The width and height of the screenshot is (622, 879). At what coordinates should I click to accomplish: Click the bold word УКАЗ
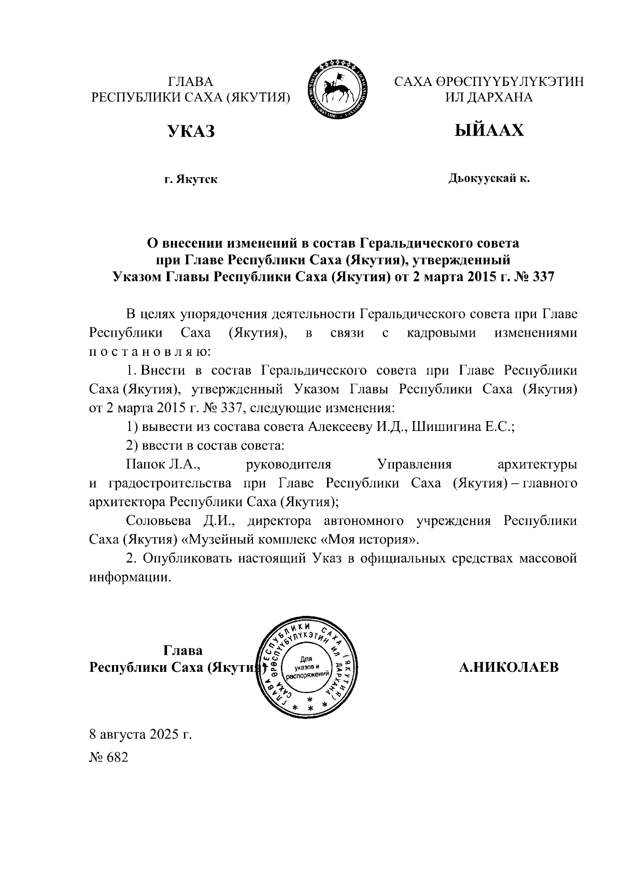coord(191,131)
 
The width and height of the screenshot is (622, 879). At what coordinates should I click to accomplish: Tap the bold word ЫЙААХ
coord(489,130)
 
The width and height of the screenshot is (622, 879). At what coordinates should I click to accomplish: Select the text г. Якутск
coord(191,180)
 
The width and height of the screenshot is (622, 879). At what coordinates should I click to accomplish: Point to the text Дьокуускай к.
coord(489,179)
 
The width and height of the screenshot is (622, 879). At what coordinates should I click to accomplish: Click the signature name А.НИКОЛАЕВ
coord(509,667)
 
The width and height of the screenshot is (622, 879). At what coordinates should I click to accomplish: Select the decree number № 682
coord(108,757)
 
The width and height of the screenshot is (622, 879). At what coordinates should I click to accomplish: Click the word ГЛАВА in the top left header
coord(191,82)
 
